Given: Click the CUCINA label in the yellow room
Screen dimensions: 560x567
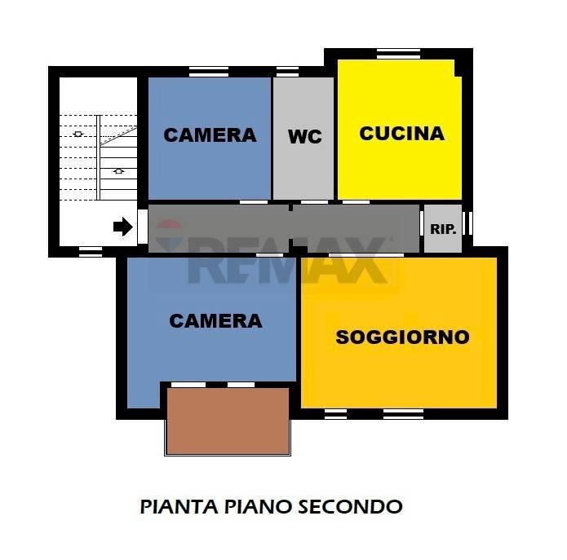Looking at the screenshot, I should pos(401,133).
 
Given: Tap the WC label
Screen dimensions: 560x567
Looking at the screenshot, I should pos(304,137).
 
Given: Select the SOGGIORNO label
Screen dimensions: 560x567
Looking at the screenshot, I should pos(402,337).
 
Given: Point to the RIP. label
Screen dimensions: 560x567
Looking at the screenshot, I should pos(441,229).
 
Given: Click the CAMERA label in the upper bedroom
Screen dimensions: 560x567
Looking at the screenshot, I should pos(210,135).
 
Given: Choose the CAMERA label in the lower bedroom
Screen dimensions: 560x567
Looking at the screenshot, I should pos(215,321).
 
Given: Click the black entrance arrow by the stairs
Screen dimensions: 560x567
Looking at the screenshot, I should pos(122,227).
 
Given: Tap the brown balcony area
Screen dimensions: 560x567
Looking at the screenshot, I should pos(228,420).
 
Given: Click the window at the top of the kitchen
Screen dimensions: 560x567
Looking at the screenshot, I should pos(398,55).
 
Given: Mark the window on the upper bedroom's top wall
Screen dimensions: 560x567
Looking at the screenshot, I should pos(209,72).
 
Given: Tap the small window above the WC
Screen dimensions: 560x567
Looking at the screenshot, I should pos(287,72).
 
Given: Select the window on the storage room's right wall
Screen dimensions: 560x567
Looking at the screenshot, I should pos(467,223).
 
